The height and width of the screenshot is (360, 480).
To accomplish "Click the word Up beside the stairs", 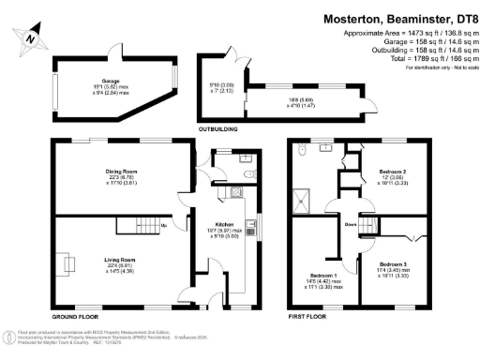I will tap(165, 225).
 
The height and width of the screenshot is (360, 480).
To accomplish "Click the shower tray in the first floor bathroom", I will tap(303, 197).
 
